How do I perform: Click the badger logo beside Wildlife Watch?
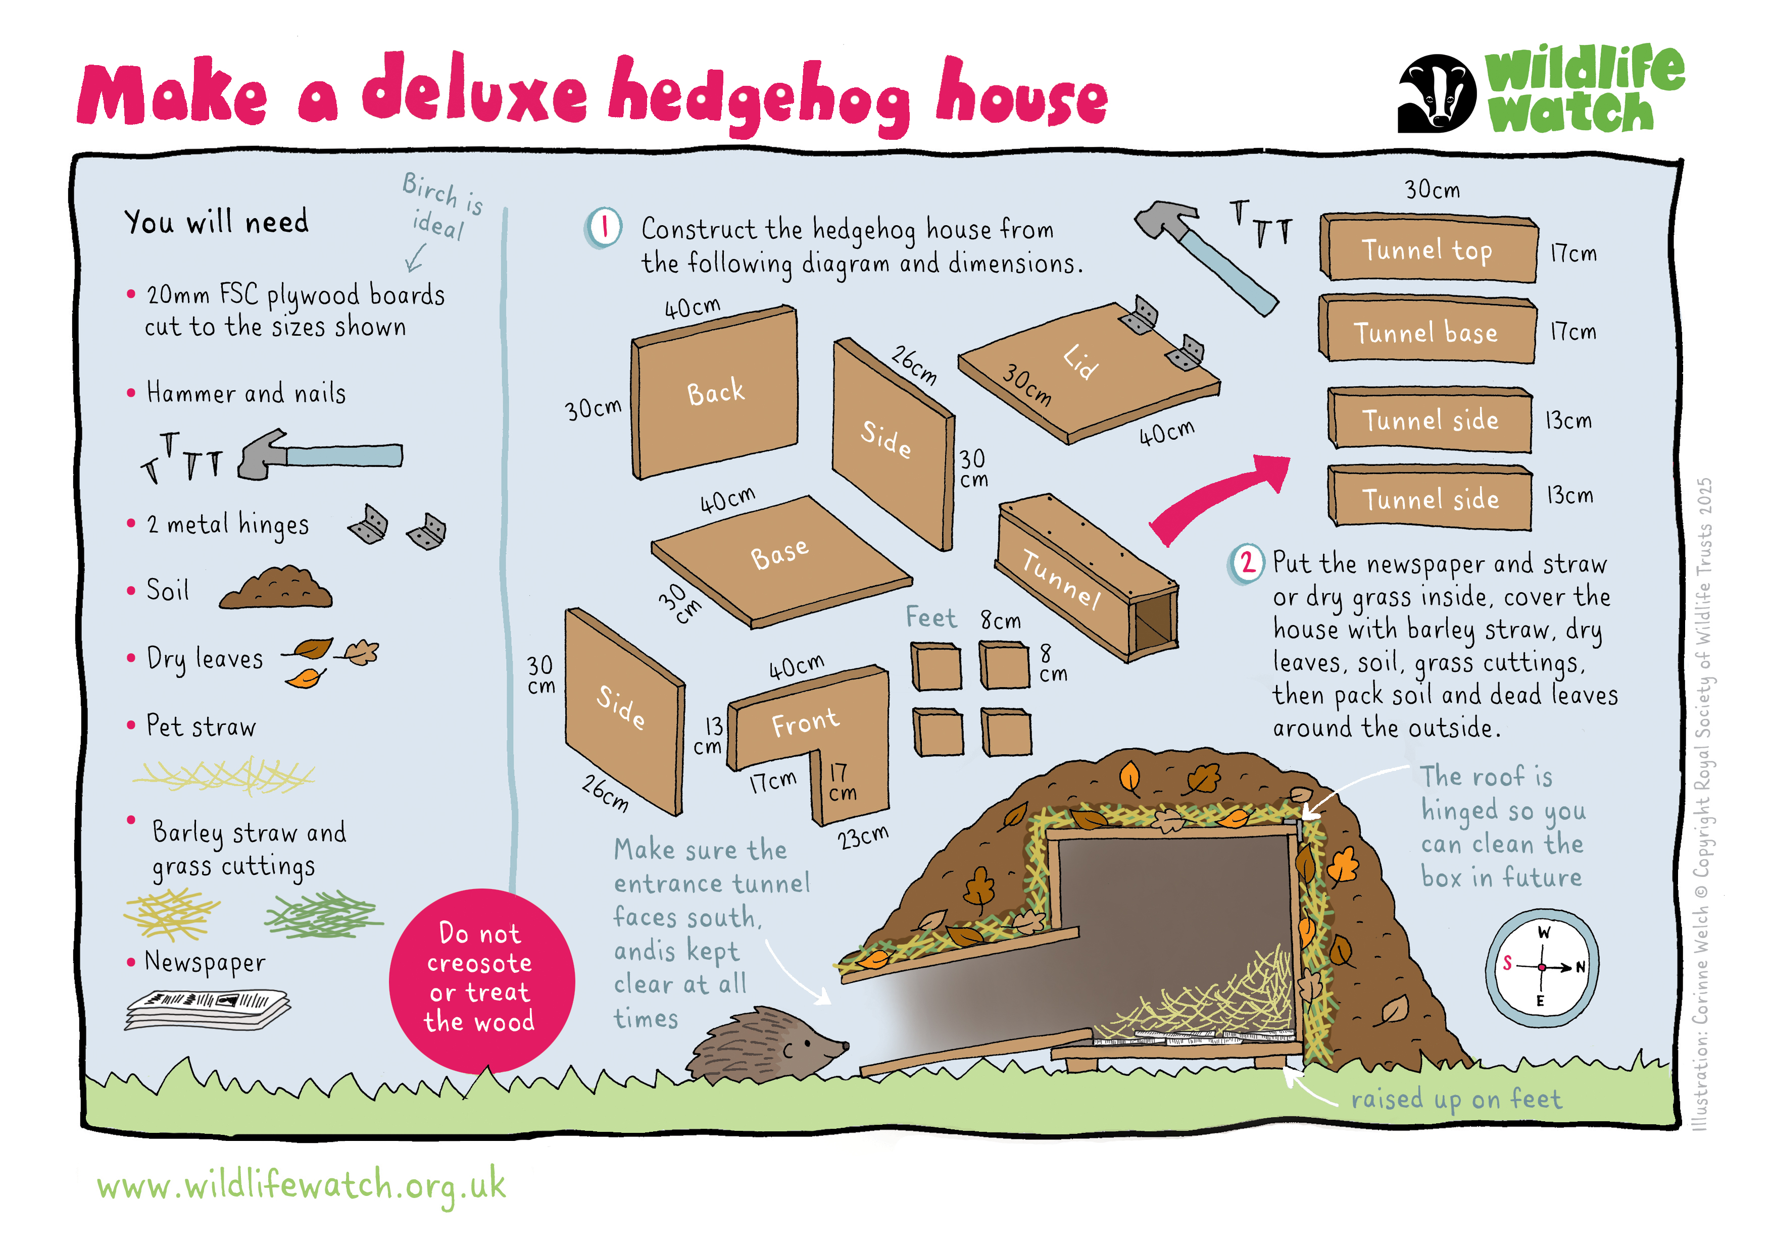(1437, 92)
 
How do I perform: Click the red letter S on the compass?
(1507, 963)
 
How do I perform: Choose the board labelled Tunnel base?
(1426, 330)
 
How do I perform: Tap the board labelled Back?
(715, 392)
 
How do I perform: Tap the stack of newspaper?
(209, 1008)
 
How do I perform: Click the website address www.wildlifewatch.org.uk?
(301, 1186)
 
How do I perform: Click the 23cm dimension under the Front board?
(863, 836)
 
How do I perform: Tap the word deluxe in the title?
(475, 92)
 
